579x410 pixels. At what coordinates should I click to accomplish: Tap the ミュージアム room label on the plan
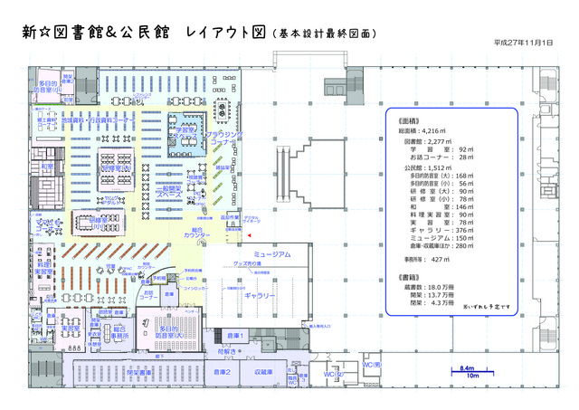[271, 256]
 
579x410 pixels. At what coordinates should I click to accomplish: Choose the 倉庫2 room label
[222, 371]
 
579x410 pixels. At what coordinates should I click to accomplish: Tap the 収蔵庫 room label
[263, 371]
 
